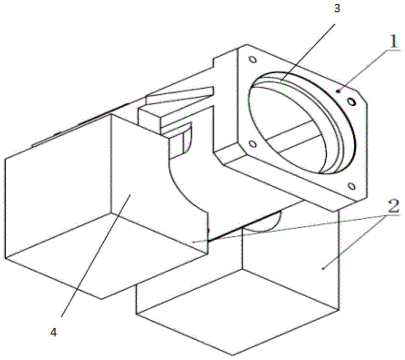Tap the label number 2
pyautogui.click(x=394, y=206)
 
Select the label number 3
pyautogui.click(x=337, y=9)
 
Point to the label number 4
pyautogui.click(x=53, y=332)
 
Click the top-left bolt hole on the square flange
pyautogui.click(x=252, y=60)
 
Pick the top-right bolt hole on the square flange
pyautogui.click(x=351, y=102)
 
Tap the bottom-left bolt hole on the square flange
pyautogui.click(x=252, y=144)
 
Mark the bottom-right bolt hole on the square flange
pyautogui.click(x=351, y=186)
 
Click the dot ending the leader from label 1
pyautogui.click(x=338, y=91)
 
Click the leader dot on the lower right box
pyautogui.click(x=323, y=269)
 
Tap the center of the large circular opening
pyautogui.click(x=301, y=124)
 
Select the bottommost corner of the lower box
pyautogui.click(x=233, y=355)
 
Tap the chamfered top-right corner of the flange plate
pyautogui.click(x=361, y=97)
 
